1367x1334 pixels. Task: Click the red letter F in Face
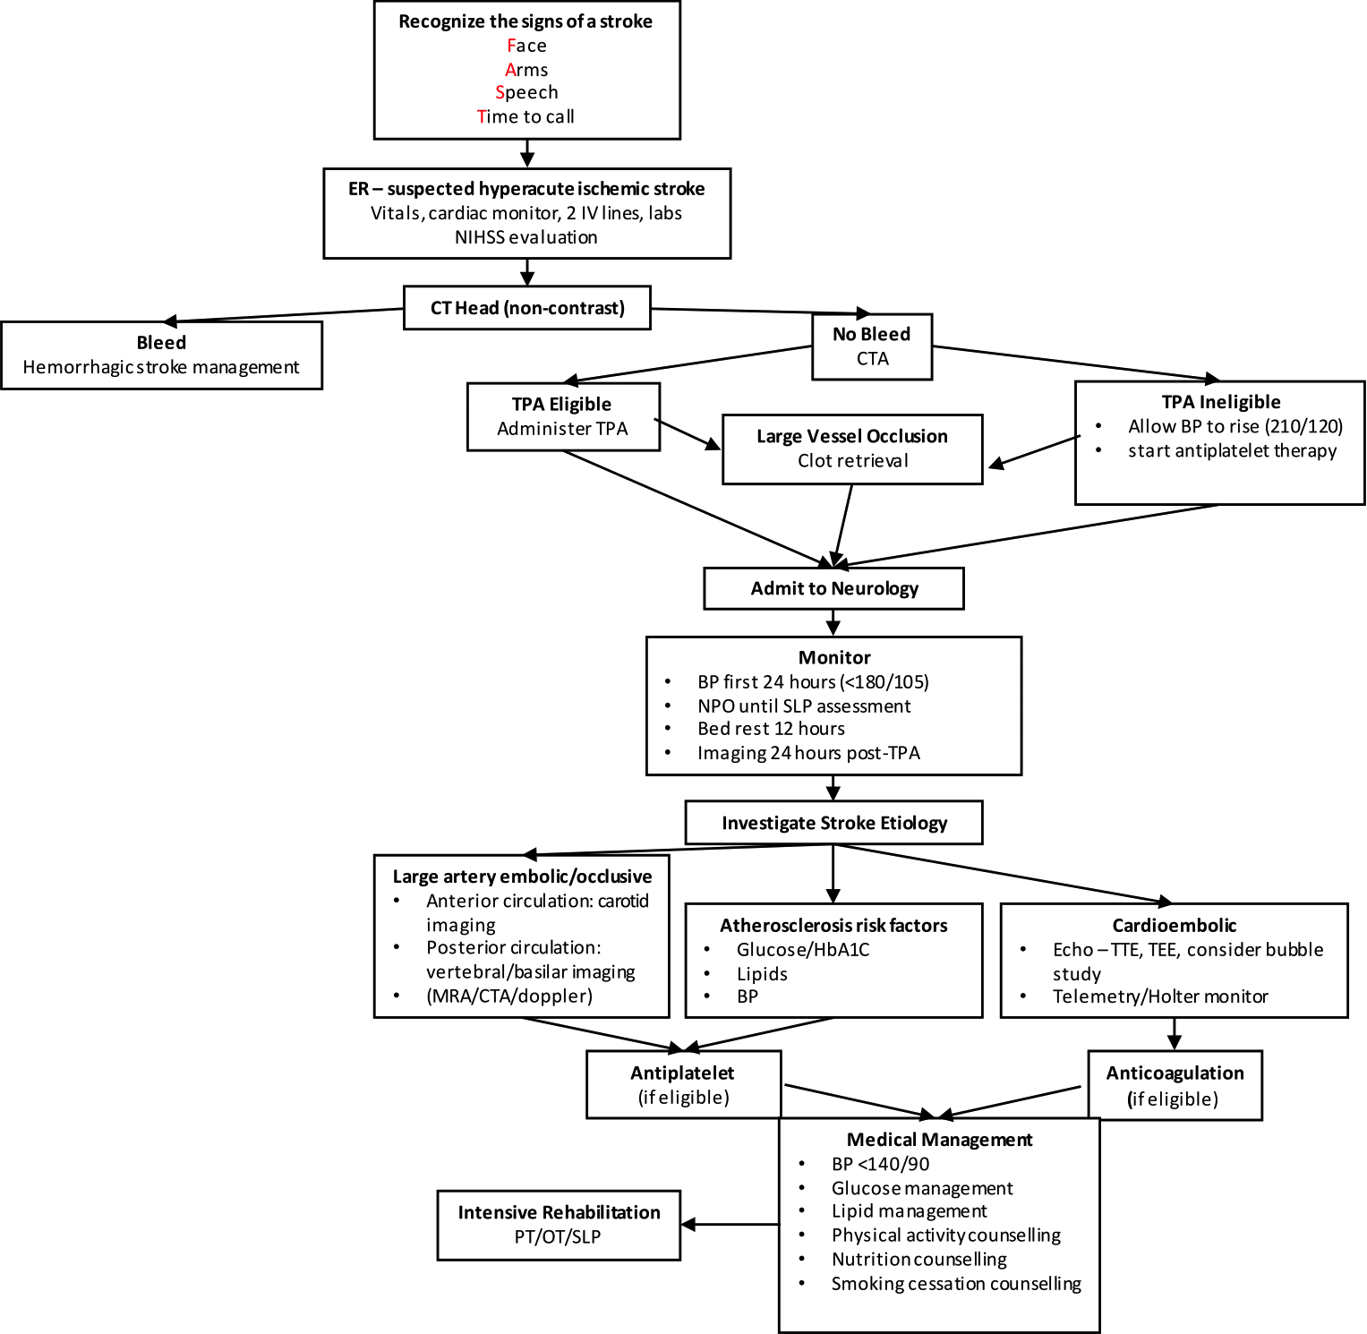click(x=510, y=46)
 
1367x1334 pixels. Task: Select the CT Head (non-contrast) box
click(x=527, y=308)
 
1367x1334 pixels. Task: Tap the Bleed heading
click(x=161, y=343)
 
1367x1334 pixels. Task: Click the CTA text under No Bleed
click(x=872, y=359)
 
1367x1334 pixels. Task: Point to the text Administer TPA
click(x=562, y=429)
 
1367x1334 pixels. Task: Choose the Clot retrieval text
click(x=852, y=461)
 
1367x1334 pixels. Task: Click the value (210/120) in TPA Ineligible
click(x=1303, y=427)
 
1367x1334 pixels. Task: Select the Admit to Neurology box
click(x=833, y=588)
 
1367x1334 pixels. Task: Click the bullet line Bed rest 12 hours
click(x=771, y=729)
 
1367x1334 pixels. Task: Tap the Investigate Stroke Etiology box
click(x=833, y=823)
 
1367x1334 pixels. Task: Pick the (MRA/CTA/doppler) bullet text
click(x=509, y=996)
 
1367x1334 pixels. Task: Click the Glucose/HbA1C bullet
click(x=803, y=950)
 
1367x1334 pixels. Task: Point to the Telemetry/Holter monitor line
click(x=1160, y=996)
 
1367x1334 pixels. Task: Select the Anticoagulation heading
click(x=1175, y=1073)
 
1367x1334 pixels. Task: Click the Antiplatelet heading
click(x=682, y=1073)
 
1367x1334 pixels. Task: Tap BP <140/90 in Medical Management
click(x=880, y=1164)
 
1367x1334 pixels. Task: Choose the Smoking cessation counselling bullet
click(x=956, y=1284)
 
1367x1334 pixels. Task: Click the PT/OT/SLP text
click(x=558, y=1237)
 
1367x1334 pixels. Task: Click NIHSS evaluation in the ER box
click(x=526, y=237)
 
